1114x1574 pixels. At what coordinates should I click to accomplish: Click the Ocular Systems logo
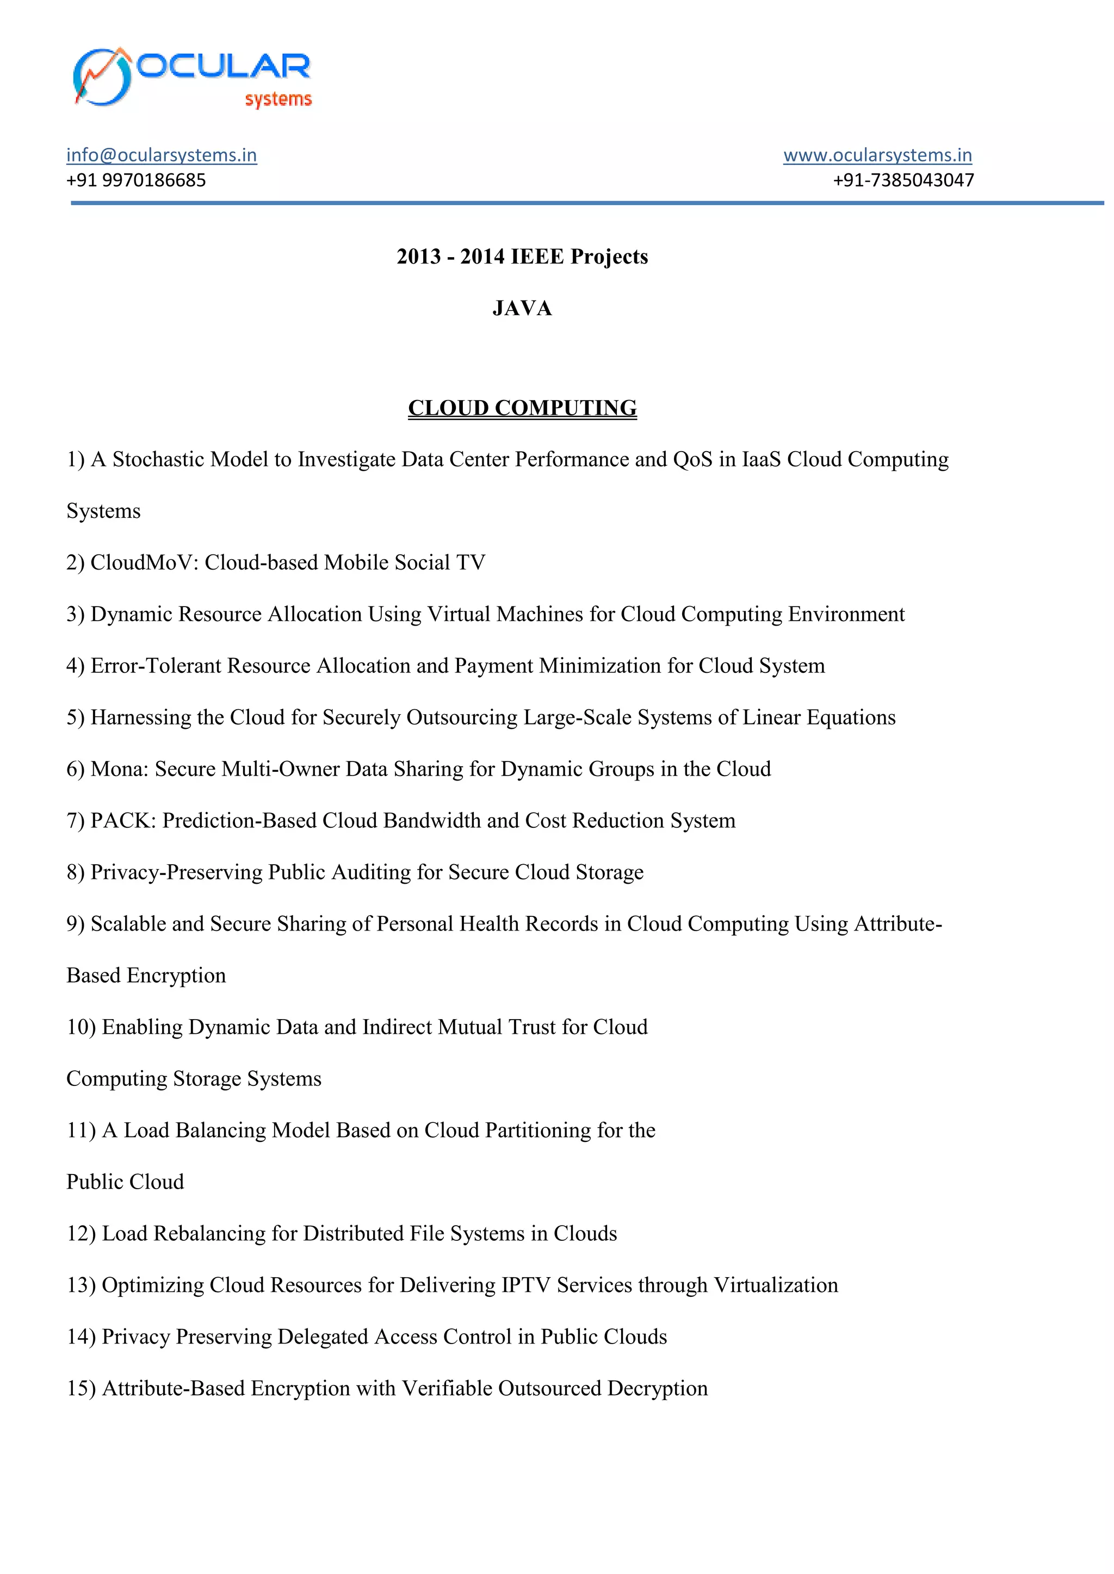pyautogui.click(x=192, y=78)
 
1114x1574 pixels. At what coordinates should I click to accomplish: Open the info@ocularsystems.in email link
pyautogui.click(x=161, y=155)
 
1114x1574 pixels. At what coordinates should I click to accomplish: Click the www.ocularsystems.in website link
pyautogui.click(x=877, y=155)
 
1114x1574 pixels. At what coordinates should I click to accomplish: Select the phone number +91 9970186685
pyautogui.click(x=136, y=180)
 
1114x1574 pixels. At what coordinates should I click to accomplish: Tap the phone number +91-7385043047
pyautogui.click(x=903, y=180)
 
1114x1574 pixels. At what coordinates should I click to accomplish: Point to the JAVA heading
pyautogui.click(x=522, y=309)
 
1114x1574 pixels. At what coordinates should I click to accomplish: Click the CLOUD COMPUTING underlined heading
pyautogui.click(x=522, y=408)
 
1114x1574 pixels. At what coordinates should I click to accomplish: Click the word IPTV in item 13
pyautogui.click(x=526, y=1285)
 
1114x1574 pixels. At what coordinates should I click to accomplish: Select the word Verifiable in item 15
pyautogui.click(x=447, y=1388)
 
